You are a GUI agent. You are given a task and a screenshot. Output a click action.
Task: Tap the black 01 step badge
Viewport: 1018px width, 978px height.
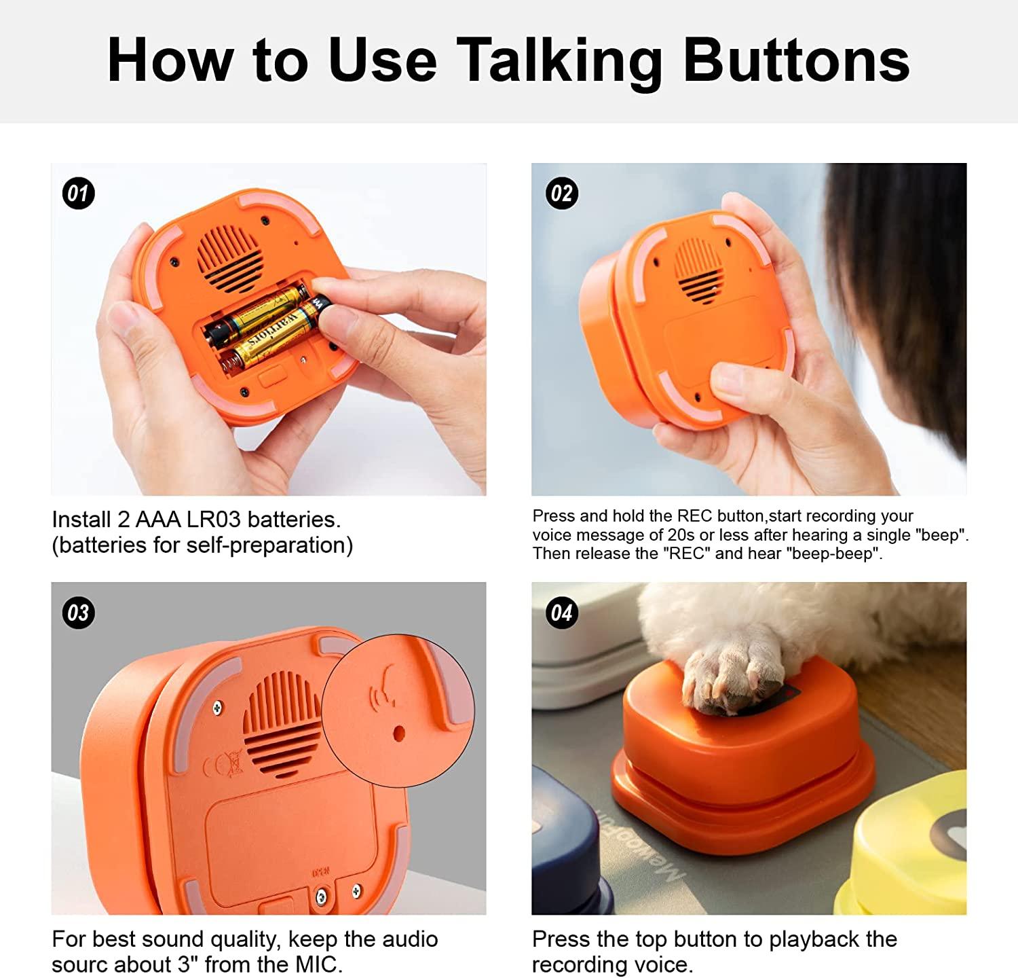click(78, 194)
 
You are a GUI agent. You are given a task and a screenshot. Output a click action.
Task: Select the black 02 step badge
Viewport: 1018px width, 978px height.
click(561, 194)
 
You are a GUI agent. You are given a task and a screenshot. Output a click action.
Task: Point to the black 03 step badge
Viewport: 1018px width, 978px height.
click(78, 613)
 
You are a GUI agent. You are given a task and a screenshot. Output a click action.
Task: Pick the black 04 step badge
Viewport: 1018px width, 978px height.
click(561, 613)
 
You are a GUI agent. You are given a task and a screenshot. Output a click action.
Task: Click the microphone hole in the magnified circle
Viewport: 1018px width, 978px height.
click(399, 733)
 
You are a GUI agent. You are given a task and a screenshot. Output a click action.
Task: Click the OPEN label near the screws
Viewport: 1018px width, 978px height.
click(320, 872)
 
